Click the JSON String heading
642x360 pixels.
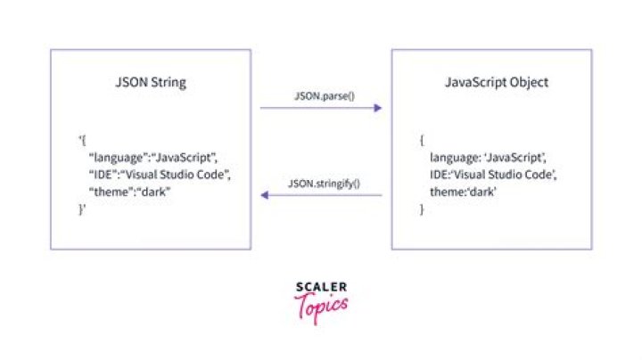(151, 83)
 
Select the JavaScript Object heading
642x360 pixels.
(496, 83)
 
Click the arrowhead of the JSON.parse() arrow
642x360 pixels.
(377, 108)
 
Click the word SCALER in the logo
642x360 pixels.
(320, 287)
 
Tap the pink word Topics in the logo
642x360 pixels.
(320, 306)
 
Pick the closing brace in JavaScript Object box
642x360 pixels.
(422, 209)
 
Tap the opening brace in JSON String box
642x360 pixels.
(82, 140)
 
